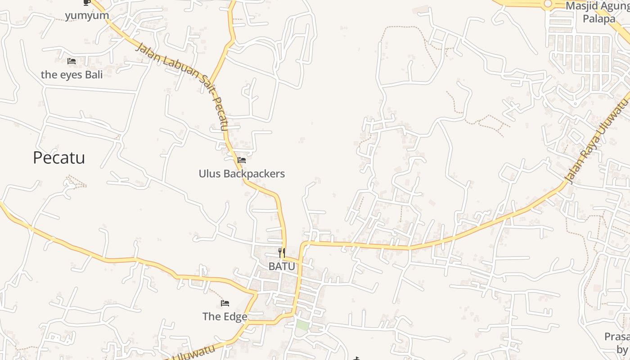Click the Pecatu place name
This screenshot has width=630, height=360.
pyautogui.click(x=59, y=158)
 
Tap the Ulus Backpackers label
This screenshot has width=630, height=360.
pyautogui.click(x=242, y=174)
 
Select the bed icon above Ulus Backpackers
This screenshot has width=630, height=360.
pyautogui.click(x=242, y=160)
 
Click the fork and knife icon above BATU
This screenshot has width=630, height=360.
pyautogui.click(x=282, y=253)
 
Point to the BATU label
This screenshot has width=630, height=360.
pyautogui.click(x=282, y=266)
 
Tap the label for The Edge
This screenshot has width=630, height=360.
pyautogui.click(x=225, y=316)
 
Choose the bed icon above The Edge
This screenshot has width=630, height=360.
pyautogui.click(x=225, y=303)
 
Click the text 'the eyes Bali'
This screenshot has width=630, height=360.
pyautogui.click(x=72, y=75)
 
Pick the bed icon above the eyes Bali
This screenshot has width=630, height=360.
pyautogui.click(x=72, y=61)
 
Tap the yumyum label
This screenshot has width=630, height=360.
pyautogui.click(x=87, y=16)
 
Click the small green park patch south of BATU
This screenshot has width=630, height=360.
pyautogui.click(x=302, y=325)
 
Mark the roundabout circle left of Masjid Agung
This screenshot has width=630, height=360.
pyautogui.click(x=548, y=4)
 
